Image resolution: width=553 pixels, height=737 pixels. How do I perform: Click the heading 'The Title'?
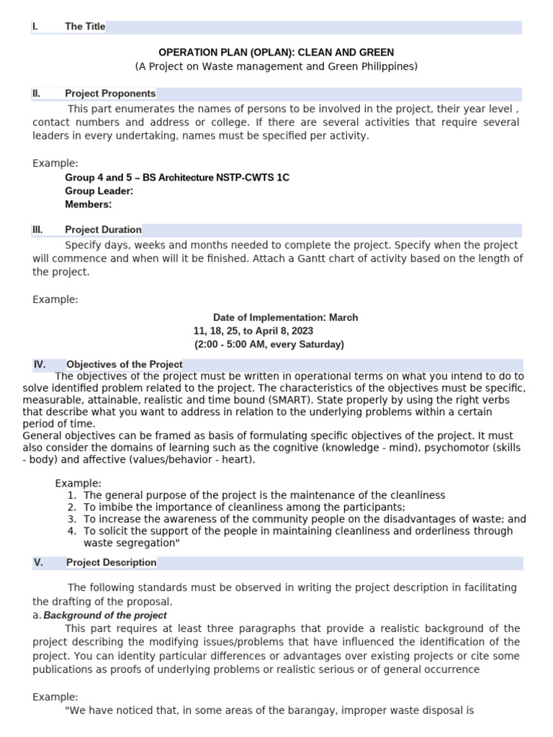click(85, 27)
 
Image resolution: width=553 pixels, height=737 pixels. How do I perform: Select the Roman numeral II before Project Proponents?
click(37, 94)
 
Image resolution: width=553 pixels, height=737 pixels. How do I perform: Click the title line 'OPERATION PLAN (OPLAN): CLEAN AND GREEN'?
click(276, 53)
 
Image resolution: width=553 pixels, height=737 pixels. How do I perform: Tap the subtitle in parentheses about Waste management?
click(276, 66)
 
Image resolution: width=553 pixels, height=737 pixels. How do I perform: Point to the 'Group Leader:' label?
click(99, 191)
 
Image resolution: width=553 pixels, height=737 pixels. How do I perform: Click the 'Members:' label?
click(89, 204)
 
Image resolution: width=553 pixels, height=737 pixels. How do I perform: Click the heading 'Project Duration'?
click(103, 230)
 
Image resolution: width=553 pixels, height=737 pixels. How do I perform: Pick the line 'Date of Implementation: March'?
click(285, 317)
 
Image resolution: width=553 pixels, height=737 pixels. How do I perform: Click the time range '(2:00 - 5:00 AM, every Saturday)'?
click(269, 345)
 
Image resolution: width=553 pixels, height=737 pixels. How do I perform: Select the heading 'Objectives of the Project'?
click(125, 364)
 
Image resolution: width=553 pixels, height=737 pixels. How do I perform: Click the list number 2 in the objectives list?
click(72, 507)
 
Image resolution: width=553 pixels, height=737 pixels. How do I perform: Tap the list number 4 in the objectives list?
click(72, 531)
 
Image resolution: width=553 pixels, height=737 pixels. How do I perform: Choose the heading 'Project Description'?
click(111, 562)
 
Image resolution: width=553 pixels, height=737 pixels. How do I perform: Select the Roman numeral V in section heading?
click(38, 562)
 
